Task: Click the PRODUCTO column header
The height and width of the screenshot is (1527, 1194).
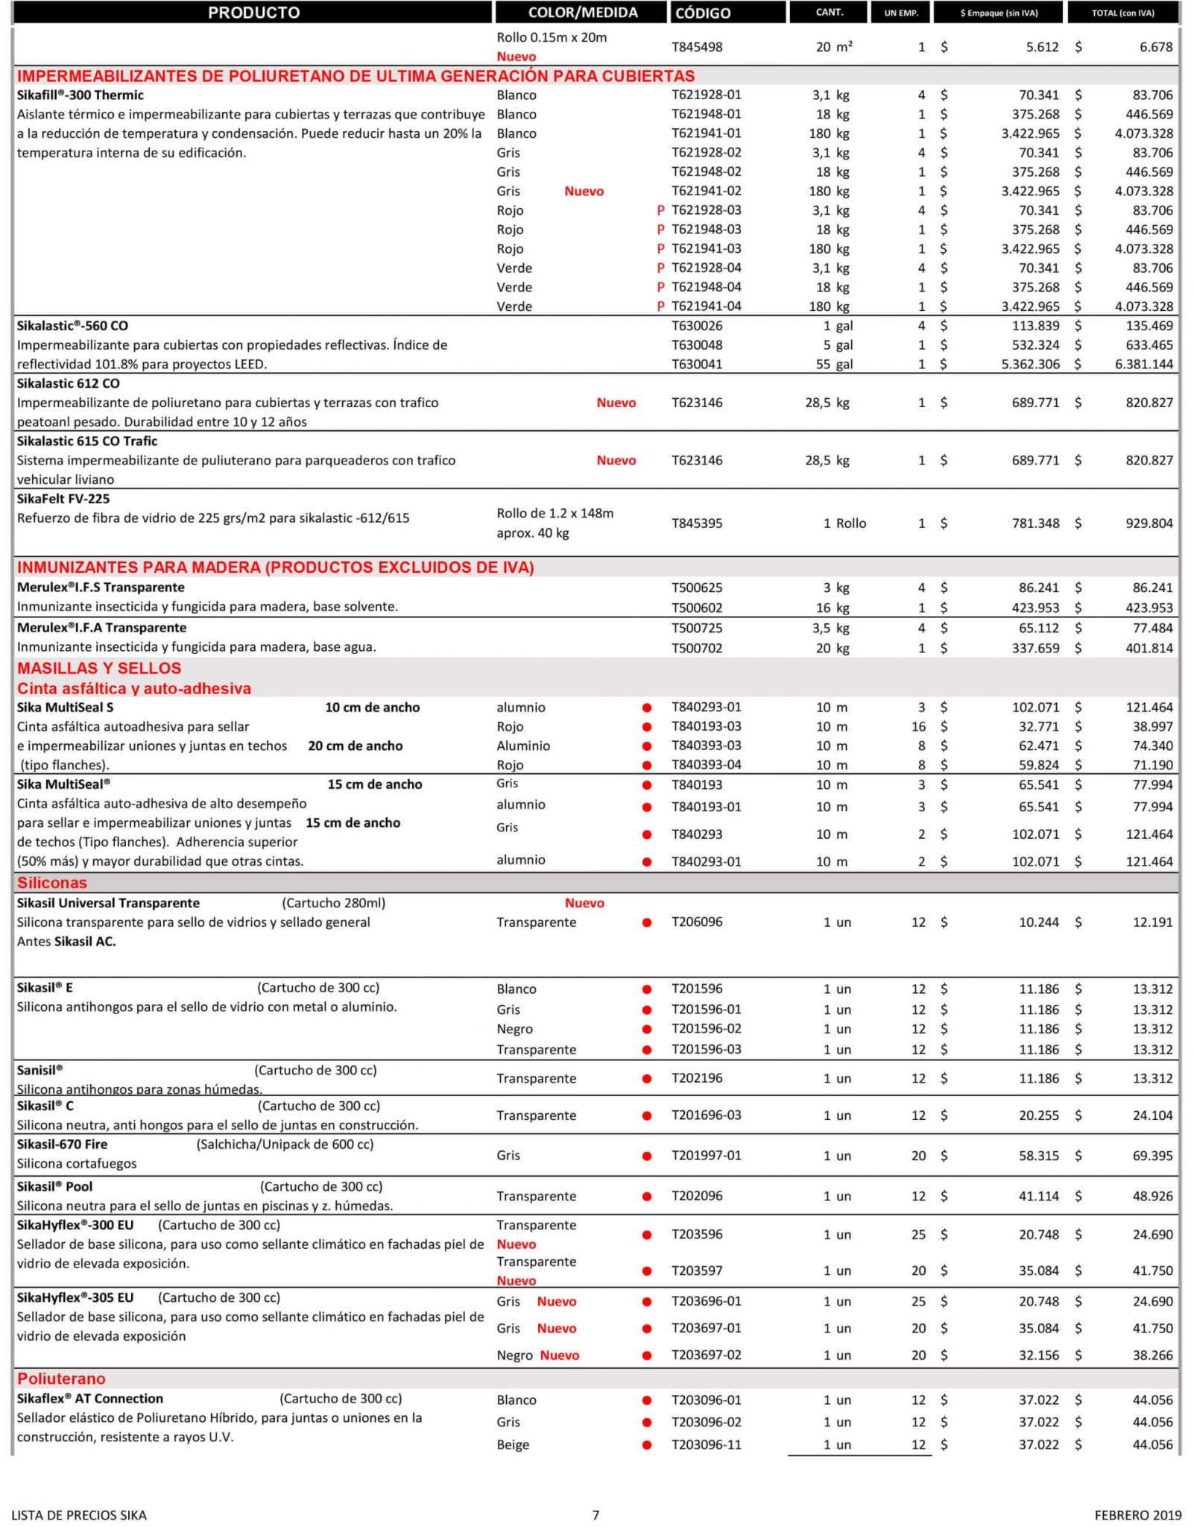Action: [x=253, y=13]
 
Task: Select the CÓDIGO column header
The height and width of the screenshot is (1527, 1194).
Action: [x=702, y=13]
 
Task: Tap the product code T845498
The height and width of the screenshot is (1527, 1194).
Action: [x=697, y=46]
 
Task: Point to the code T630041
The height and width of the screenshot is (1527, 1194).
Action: [x=697, y=365]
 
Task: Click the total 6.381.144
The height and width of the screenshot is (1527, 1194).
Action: [x=1143, y=365]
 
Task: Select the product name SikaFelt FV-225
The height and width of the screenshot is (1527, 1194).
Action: [x=63, y=499]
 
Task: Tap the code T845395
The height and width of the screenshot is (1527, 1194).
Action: [x=697, y=523]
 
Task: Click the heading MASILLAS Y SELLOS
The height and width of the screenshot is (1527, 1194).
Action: [x=99, y=668]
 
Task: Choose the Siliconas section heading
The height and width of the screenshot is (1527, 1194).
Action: [x=52, y=883]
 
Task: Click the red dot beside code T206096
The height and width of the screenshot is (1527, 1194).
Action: [x=647, y=922]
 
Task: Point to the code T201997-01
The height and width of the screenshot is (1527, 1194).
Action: [x=707, y=1156]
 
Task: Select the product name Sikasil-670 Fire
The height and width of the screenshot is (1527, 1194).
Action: [x=62, y=1145]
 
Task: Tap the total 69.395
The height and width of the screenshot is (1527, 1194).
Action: [x=1152, y=1156]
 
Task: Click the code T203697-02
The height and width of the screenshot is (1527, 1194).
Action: [x=707, y=1356]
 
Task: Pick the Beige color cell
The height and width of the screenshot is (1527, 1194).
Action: [x=513, y=1445]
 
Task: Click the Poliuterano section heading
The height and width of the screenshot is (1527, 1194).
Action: [x=61, y=1379]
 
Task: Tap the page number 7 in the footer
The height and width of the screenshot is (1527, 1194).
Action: [x=596, y=1515]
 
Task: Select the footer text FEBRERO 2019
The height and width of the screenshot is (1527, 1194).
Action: [x=1137, y=1515]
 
